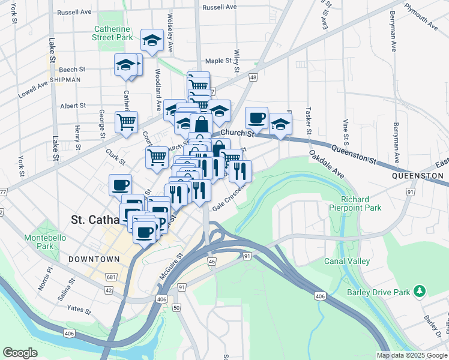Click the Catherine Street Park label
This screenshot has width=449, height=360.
point(112,33)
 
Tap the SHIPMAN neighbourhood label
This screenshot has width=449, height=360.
point(65,79)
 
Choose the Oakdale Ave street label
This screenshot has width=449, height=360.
point(327,164)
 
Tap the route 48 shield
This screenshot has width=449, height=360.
point(254,77)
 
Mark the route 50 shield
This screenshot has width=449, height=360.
point(176,307)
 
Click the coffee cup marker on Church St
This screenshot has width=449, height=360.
point(256,117)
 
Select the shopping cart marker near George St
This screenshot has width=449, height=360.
point(126,122)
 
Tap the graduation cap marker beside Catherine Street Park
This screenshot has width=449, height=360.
point(152,40)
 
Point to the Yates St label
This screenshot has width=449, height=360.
point(79,310)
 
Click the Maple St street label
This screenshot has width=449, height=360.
point(218,61)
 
